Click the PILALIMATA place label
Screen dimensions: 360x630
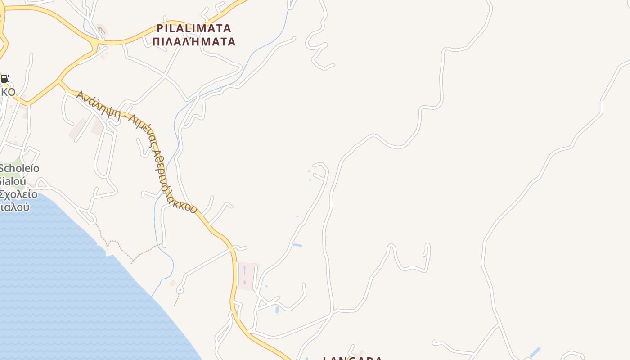[194, 28]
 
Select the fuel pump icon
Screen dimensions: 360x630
[5, 79]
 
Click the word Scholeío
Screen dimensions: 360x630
[20, 169]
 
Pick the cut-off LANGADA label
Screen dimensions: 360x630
[353, 358]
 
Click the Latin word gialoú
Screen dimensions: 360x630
[13, 181]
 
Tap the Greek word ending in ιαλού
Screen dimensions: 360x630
[15, 207]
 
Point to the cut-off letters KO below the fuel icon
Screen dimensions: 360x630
[8, 92]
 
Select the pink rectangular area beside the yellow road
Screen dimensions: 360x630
[248, 276]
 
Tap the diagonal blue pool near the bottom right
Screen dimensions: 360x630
[535, 352]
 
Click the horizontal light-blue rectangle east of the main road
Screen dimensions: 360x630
[297, 245]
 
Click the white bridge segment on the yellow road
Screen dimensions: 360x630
[236, 274]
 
